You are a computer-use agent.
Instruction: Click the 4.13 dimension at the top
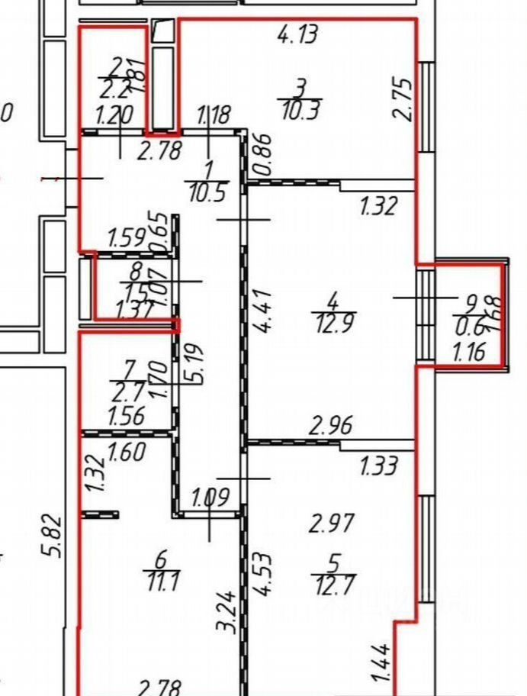(297, 34)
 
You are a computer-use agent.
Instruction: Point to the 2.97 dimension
(333, 524)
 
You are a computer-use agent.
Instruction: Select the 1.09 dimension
(210, 499)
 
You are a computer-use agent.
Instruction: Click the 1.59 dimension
(127, 237)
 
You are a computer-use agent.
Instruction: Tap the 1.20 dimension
(114, 115)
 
